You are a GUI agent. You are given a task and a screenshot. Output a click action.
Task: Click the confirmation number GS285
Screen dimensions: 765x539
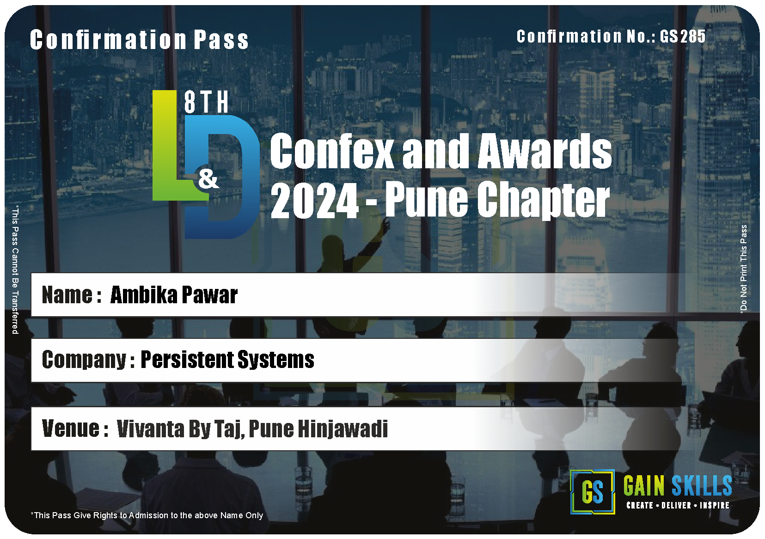tap(682, 36)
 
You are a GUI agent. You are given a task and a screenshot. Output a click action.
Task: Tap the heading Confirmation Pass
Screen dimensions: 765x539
tap(139, 40)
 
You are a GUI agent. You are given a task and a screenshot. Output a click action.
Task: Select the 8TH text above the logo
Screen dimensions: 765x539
tap(206, 102)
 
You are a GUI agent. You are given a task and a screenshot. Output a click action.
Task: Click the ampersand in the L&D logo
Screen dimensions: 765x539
tap(208, 178)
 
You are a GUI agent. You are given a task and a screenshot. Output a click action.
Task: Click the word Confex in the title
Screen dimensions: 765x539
tap(332, 151)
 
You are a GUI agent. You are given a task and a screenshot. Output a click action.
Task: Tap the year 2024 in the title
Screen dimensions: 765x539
tap(314, 200)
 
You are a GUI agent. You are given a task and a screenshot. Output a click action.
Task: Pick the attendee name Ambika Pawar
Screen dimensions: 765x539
tap(174, 295)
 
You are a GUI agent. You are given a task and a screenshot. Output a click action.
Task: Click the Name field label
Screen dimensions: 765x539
tap(72, 295)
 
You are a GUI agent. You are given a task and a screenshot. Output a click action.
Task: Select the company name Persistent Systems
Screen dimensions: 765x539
tap(227, 360)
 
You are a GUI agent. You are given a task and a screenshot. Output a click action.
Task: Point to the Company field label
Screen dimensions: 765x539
tap(88, 360)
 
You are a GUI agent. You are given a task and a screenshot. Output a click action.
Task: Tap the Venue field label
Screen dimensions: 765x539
tap(75, 429)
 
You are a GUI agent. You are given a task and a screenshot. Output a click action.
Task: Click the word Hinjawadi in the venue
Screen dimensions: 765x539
tap(343, 429)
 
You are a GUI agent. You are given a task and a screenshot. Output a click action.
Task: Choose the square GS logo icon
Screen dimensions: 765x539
tap(593, 492)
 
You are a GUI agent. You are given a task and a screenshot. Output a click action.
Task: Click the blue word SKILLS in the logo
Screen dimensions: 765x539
tap(702, 485)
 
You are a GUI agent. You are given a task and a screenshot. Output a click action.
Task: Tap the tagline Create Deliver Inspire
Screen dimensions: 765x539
tap(678, 505)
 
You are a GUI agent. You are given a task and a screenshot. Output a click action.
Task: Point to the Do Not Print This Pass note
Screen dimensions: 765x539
tap(743, 269)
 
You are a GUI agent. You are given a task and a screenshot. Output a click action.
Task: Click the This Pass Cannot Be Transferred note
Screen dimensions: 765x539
tap(15, 270)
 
